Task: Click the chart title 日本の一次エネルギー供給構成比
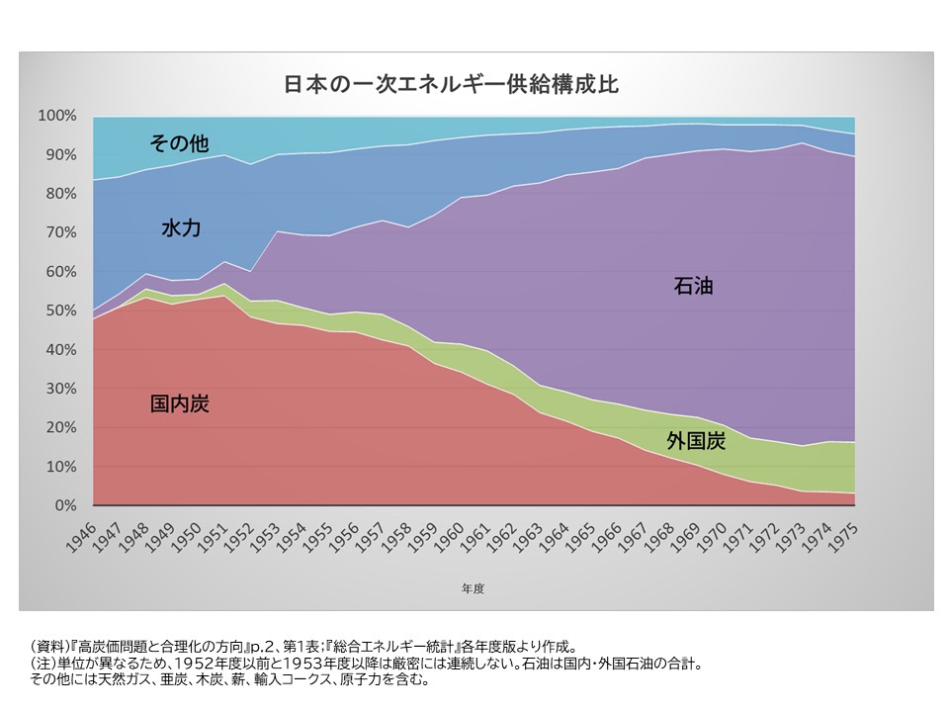[451, 83]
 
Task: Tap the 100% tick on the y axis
[56, 116]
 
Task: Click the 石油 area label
[693, 288]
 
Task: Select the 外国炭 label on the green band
[696, 441]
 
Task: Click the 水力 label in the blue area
[181, 228]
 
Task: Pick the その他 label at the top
[179, 143]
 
